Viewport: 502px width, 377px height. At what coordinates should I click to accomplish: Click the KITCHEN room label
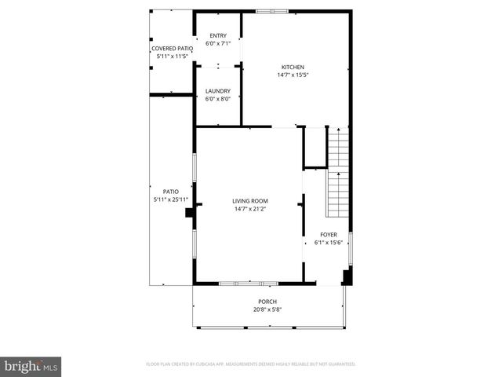[293, 68]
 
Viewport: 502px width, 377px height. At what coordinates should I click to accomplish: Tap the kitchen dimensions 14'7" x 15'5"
[293, 75]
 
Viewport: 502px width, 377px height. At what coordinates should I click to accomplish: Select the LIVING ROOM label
[249, 201]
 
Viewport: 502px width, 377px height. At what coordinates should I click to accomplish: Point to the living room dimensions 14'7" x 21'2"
[249, 209]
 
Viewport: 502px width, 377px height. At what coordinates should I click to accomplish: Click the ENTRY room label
[217, 35]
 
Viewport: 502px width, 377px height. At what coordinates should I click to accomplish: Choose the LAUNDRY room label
[217, 91]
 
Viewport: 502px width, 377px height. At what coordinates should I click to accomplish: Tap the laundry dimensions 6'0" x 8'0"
[217, 99]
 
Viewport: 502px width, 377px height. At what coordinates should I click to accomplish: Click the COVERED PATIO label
[172, 49]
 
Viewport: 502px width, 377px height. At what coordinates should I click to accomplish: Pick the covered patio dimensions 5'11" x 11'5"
[172, 57]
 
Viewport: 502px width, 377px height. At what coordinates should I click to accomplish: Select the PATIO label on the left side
[170, 192]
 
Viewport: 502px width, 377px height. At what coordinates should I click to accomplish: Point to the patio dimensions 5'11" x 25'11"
[170, 199]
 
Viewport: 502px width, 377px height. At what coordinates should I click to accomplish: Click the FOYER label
[328, 235]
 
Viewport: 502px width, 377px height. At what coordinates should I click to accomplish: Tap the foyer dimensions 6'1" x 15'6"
[328, 243]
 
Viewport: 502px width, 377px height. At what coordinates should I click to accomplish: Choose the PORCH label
[267, 302]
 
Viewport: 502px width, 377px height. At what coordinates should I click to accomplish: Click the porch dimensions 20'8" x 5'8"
[267, 309]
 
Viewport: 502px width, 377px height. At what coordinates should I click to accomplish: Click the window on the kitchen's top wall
[272, 11]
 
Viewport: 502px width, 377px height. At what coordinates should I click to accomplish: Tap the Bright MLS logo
[31, 366]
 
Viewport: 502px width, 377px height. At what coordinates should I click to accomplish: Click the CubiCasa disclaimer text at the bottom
[251, 364]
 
